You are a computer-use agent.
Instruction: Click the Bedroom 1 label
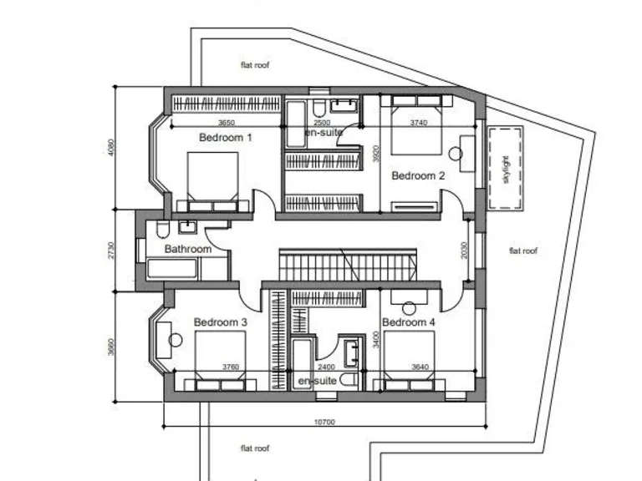(225, 137)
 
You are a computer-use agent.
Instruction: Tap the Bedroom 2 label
(418, 175)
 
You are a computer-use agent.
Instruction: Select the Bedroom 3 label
(220, 322)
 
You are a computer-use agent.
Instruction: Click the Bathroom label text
(187, 249)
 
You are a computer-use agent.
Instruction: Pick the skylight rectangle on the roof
(506, 169)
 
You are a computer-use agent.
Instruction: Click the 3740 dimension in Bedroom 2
(419, 123)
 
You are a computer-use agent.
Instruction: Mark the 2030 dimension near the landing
(466, 251)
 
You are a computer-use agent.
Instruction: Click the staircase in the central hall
(345, 265)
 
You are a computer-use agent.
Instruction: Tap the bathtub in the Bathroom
(172, 268)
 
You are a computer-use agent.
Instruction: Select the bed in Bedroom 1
(212, 180)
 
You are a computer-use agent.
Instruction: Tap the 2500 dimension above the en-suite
(321, 123)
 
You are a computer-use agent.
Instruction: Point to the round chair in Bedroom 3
(175, 340)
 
